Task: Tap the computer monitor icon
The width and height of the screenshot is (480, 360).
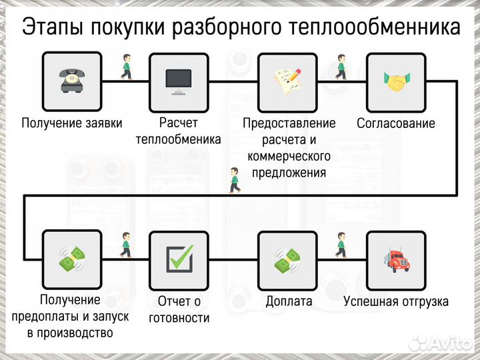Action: (x=178, y=81)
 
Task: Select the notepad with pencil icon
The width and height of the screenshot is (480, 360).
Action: (x=287, y=81)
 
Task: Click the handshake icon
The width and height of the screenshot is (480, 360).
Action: (x=396, y=81)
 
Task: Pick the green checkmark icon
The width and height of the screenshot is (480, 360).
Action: (x=178, y=259)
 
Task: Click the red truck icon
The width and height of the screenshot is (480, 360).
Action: (x=396, y=259)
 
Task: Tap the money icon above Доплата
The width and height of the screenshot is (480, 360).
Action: (x=287, y=259)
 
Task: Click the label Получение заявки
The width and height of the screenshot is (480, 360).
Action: (x=70, y=123)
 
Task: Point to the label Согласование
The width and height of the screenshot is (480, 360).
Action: (x=396, y=123)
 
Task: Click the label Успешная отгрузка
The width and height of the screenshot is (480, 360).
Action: (x=396, y=301)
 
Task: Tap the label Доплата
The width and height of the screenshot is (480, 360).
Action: (x=289, y=301)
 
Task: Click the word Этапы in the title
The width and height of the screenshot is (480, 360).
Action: (x=52, y=27)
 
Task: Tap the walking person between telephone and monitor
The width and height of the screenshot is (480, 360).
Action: (x=125, y=67)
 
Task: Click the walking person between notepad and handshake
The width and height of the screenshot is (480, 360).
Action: (x=341, y=67)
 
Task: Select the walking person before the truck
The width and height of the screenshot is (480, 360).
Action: (x=341, y=245)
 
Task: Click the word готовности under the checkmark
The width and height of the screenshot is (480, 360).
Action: (x=179, y=318)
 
